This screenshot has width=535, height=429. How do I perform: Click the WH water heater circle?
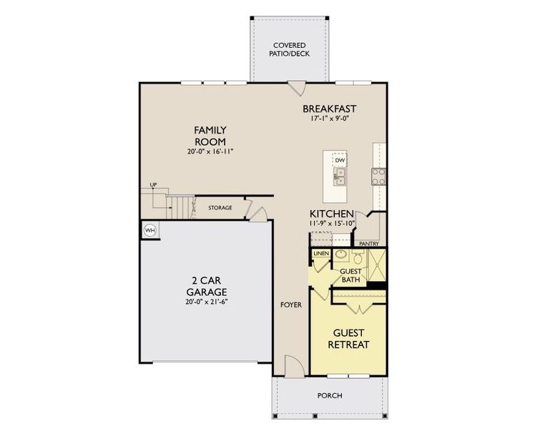click(x=149, y=230)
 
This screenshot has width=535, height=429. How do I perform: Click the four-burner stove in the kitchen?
click(x=378, y=175)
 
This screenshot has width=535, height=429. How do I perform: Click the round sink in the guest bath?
click(x=341, y=255)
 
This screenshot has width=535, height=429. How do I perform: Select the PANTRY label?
click(x=369, y=243)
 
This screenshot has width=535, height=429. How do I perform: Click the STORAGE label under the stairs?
click(x=220, y=208)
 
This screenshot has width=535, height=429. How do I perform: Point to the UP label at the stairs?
click(x=153, y=185)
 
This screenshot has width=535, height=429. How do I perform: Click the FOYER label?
click(x=291, y=305)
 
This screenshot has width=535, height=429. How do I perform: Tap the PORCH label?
click(x=329, y=395)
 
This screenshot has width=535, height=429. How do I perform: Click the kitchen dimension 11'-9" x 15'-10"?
click(x=331, y=224)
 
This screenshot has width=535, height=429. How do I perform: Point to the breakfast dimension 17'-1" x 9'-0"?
click(x=329, y=119)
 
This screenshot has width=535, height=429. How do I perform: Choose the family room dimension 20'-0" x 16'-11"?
click(x=210, y=152)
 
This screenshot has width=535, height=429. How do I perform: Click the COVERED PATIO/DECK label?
click(x=290, y=49)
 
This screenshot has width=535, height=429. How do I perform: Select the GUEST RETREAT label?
click(x=348, y=339)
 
